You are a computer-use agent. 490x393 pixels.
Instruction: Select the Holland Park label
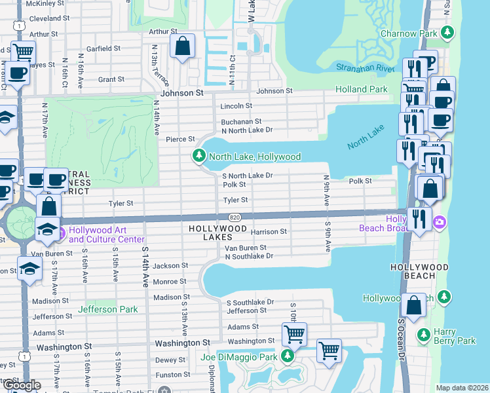[x=362, y=89]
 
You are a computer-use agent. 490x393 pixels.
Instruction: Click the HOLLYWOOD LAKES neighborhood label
[x=218, y=233]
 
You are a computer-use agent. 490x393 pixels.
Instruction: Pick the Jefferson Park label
[x=107, y=309]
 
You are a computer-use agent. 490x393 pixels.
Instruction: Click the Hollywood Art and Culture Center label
[x=106, y=234]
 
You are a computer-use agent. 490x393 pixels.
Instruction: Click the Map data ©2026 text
[x=462, y=388]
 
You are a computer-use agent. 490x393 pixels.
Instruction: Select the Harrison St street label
[x=269, y=232]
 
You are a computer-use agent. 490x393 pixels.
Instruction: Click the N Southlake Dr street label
[x=248, y=257]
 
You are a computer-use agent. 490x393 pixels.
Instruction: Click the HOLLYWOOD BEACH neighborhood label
[x=419, y=271]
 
